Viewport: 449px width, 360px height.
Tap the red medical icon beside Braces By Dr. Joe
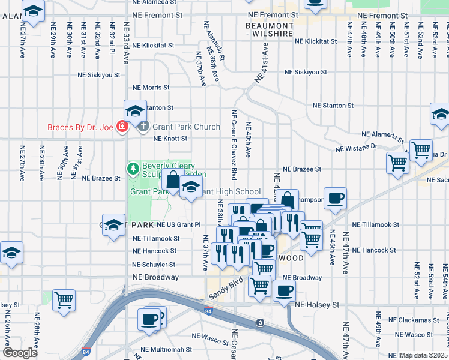pyautogui.click(x=122, y=127)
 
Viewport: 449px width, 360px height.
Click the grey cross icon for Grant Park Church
pyautogui.click(x=143, y=127)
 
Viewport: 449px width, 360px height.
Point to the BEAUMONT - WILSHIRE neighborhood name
pyautogui.click(x=270, y=30)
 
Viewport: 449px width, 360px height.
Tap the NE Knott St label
pyautogui.click(x=170, y=139)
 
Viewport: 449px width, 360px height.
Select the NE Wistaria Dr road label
pyautogui.click(x=355, y=146)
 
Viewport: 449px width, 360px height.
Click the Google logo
pyautogui.click(x=20, y=353)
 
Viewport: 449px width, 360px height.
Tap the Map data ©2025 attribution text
pyautogui.click(x=423, y=356)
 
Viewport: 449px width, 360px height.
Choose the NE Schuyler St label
pyautogui.click(x=154, y=264)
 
